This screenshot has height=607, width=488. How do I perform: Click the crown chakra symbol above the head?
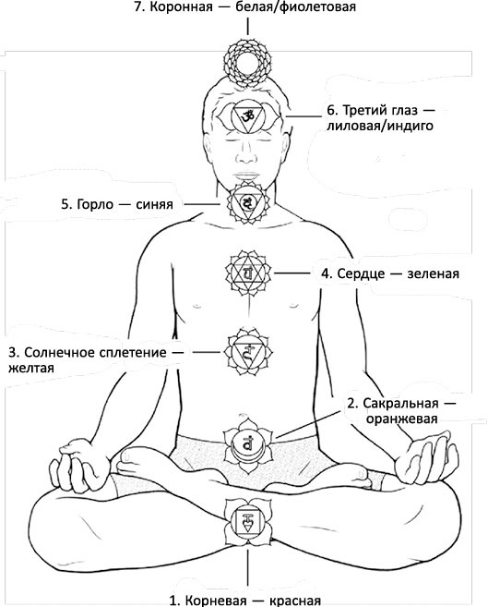tap(247, 62)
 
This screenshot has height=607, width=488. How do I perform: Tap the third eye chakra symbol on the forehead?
tap(247, 115)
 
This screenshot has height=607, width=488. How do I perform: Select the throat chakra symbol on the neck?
tap(247, 202)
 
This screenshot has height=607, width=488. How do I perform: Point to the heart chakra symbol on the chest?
tap(247, 273)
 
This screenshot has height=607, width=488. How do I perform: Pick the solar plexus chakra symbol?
tap(247, 352)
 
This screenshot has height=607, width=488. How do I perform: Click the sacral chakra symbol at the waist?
tap(247, 444)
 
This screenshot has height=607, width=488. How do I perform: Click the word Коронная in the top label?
tap(181, 7)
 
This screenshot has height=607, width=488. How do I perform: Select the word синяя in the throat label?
tap(154, 204)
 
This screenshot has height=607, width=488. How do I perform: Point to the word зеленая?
tap(433, 273)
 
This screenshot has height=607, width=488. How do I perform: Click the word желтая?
tap(31, 368)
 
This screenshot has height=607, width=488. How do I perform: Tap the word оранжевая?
tap(402, 419)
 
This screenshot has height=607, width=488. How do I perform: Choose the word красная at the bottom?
tap(295, 601)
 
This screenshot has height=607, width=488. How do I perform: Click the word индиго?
tap(411, 126)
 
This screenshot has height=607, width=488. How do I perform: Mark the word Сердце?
tap(361, 273)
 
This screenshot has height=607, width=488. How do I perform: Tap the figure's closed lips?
tap(246, 176)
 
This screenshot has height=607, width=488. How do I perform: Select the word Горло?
tap(95, 204)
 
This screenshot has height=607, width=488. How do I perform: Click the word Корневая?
tap(216, 601)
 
